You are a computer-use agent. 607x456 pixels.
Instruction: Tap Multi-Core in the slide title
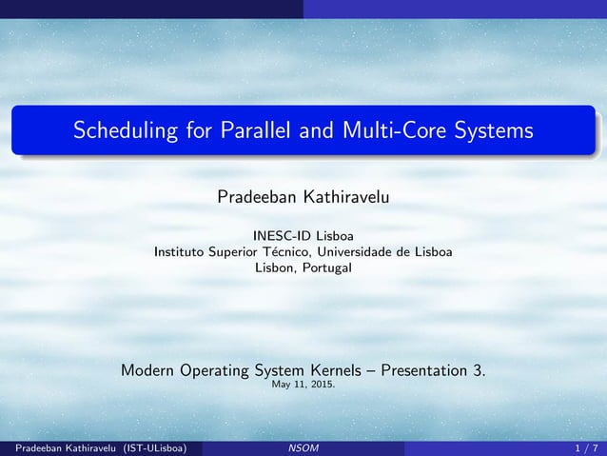coord(380,129)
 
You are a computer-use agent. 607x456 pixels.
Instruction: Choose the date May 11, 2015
coord(303,386)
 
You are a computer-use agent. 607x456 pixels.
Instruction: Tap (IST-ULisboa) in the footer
coord(147,446)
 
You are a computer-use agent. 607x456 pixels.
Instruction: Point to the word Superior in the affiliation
coord(239,252)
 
